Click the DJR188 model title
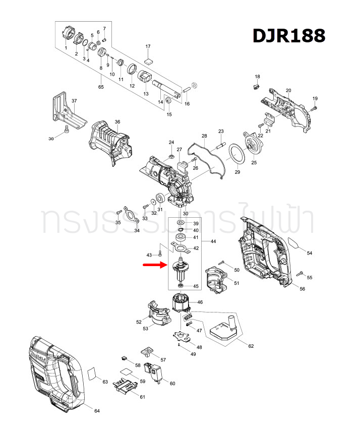click(288, 36)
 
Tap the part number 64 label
click(97, 411)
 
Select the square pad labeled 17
click(148, 59)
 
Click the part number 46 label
click(200, 302)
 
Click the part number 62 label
click(251, 346)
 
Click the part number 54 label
click(310, 252)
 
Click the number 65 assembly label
click(101, 87)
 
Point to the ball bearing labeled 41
click(181, 237)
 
